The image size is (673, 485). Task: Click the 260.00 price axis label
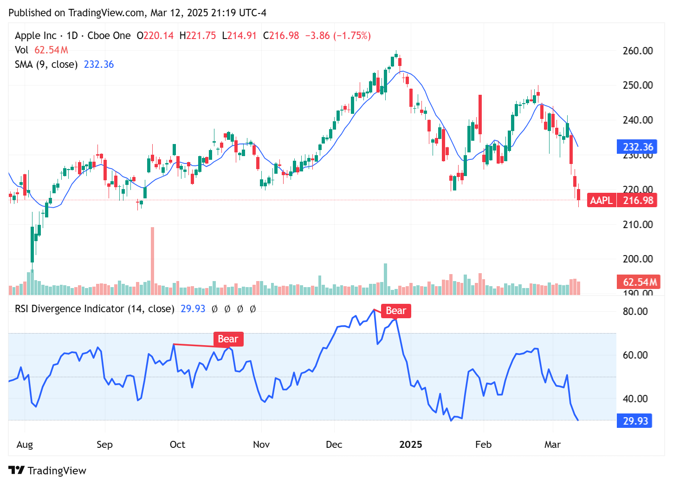click(x=637, y=51)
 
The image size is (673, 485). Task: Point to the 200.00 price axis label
click(x=637, y=259)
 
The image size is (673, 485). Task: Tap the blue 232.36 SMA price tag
click(x=637, y=147)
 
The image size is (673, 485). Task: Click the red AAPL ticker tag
click(x=602, y=200)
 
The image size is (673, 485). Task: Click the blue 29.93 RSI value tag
click(x=634, y=421)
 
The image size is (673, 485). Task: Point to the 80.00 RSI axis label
click(x=635, y=311)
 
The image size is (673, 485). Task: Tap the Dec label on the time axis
click(x=334, y=445)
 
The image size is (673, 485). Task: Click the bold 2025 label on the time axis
click(x=411, y=445)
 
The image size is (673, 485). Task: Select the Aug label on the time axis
click(x=25, y=445)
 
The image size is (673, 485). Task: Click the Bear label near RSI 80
click(x=396, y=311)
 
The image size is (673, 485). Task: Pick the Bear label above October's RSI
click(x=228, y=339)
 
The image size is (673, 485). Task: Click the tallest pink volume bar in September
click(x=152, y=260)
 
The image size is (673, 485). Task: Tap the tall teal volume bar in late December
click(x=385, y=279)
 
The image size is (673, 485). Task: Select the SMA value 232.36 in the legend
click(x=98, y=65)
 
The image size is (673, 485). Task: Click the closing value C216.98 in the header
click(x=281, y=36)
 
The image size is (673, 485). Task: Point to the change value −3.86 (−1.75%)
click(x=338, y=36)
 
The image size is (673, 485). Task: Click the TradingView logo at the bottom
click(x=47, y=471)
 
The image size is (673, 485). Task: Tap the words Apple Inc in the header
click(x=36, y=36)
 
